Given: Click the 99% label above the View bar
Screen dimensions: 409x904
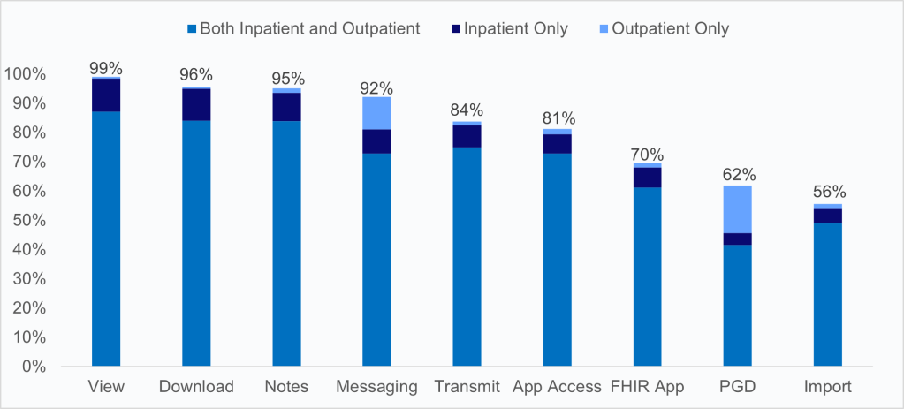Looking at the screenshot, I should coord(106,68).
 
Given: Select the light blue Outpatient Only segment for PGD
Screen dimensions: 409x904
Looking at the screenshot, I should coord(738,208).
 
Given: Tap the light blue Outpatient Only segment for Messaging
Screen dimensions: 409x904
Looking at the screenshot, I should coord(376,112).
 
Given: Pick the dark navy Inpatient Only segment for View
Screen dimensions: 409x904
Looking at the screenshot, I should coord(106,95).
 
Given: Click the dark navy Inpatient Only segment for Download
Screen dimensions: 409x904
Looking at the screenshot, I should coord(196,104).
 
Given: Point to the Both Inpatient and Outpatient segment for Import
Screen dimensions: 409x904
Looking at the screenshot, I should coord(828,294).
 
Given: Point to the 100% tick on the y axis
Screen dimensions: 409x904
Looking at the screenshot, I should coord(27,74).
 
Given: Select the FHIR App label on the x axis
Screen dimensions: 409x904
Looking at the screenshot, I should coord(648,387).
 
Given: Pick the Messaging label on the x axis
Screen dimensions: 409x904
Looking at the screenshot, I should coord(376,387).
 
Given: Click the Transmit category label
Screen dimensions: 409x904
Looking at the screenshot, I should coord(467,387).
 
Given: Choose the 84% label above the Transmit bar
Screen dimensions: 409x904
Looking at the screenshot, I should coord(467,110).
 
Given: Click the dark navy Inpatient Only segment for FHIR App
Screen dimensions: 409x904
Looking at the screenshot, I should coord(648,177).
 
